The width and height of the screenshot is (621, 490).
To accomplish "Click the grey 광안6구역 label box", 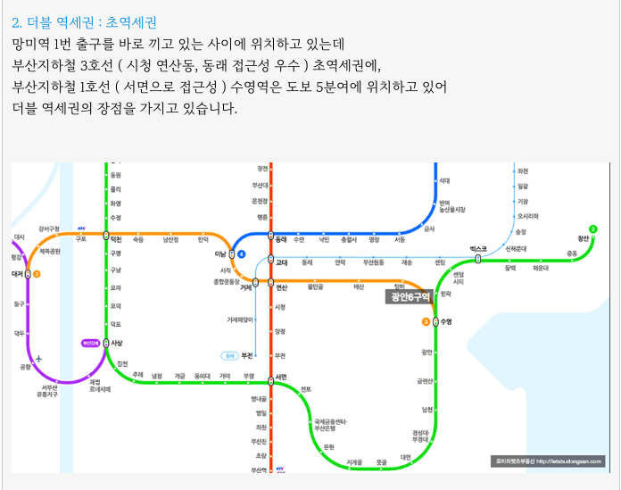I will (x=409, y=296).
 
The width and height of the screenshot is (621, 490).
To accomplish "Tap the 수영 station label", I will (x=446, y=321).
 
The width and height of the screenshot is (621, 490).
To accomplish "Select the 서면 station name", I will (x=282, y=376).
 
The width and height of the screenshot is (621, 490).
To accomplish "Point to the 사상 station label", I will (x=117, y=343).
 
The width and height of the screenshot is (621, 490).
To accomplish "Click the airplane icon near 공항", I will (x=39, y=360).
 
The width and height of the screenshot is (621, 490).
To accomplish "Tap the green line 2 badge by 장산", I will (x=593, y=228).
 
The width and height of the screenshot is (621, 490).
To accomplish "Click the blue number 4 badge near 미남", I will (x=241, y=253).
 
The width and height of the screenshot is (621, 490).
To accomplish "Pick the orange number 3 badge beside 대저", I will (x=37, y=274).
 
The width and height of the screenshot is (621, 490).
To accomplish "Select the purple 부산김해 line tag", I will (x=89, y=342).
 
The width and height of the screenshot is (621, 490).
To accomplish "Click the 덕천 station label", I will (x=117, y=239).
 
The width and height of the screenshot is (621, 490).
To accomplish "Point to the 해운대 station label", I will (x=541, y=268).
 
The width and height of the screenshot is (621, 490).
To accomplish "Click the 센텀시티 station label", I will (x=459, y=278).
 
